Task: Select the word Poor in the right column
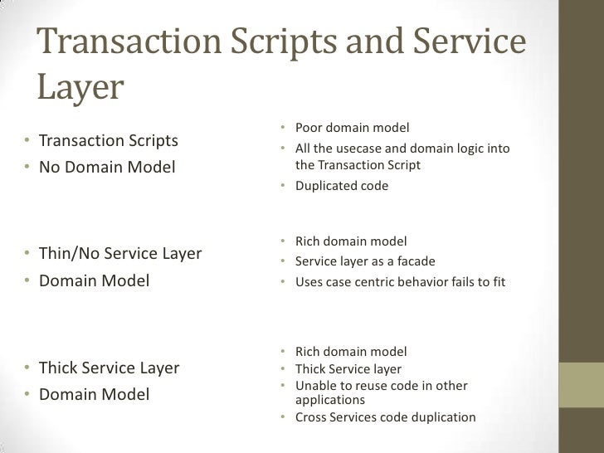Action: (309, 128)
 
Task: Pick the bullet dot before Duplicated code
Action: (283, 186)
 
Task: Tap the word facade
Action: (416, 261)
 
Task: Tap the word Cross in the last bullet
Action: (312, 417)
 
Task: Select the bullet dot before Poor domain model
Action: (283, 128)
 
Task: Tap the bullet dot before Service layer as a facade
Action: (283, 261)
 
